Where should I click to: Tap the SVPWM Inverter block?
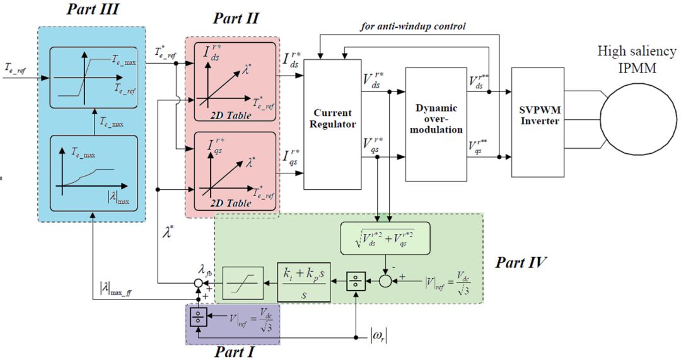(537, 122)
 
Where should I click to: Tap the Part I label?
(234, 350)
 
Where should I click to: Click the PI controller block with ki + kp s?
(303, 282)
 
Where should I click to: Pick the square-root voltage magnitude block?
(384, 238)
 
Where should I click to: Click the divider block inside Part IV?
(356, 282)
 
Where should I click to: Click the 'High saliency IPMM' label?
(638, 58)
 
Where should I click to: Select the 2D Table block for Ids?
(230, 79)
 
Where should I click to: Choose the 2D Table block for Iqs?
(230, 170)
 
